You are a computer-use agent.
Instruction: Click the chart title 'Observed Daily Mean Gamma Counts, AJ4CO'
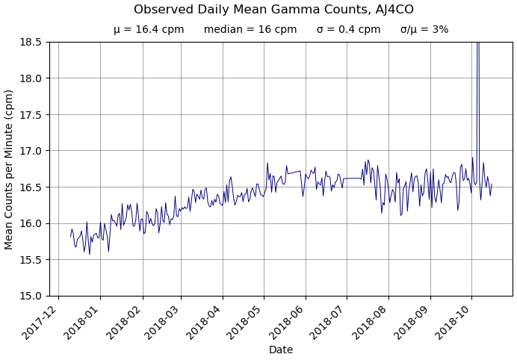pyautogui.click(x=273, y=10)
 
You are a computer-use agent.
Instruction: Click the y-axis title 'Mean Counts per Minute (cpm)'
pyautogui.click(x=9, y=170)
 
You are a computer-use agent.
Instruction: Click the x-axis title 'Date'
pyautogui.click(x=281, y=350)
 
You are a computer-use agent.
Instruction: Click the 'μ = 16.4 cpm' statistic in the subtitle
pyautogui.click(x=149, y=30)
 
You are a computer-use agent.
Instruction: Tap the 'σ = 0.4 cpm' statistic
pyautogui.click(x=348, y=30)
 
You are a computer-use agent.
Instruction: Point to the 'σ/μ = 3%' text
pyautogui.click(x=424, y=30)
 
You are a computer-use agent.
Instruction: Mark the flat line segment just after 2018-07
pyautogui.click(x=353, y=179)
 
